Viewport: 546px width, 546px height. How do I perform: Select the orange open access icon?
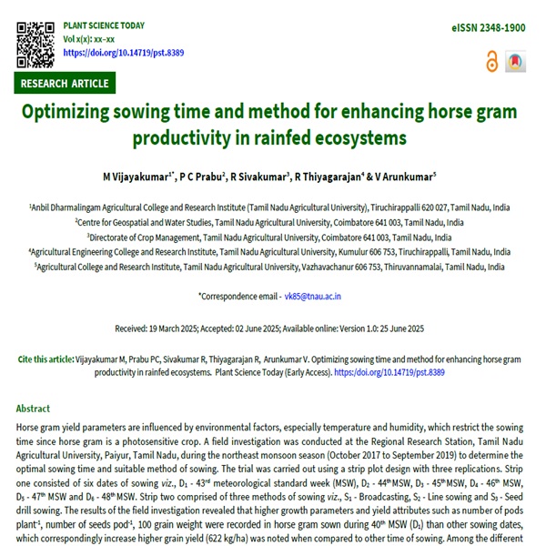point(492,61)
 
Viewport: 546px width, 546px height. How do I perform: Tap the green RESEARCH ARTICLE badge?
point(66,84)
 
